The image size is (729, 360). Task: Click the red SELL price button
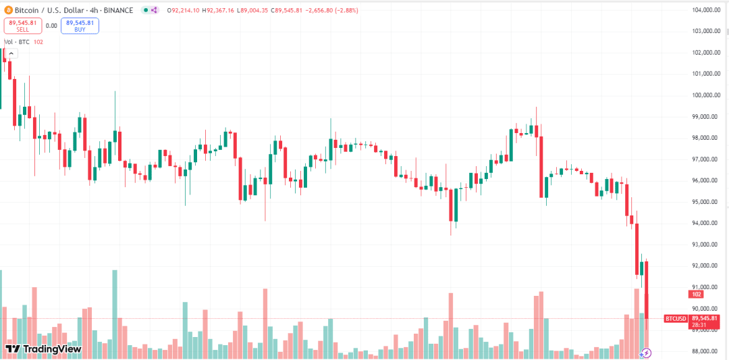(23, 26)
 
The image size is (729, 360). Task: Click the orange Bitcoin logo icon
(7, 10)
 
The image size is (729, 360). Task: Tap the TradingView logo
(43, 349)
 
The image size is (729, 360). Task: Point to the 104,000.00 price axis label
(707, 9)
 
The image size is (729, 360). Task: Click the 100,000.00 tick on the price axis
(707, 95)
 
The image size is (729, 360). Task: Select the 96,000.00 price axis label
(707, 180)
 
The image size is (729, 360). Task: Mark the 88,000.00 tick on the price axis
(707, 351)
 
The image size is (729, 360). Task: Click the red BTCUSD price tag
(676, 318)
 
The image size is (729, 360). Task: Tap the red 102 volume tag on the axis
(696, 294)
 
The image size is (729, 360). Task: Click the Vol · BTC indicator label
(17, 42)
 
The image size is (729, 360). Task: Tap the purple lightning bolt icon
(646, 353)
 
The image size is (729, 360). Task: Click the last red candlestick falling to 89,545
(647, 290)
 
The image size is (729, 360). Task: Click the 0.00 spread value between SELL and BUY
(51, 26)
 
